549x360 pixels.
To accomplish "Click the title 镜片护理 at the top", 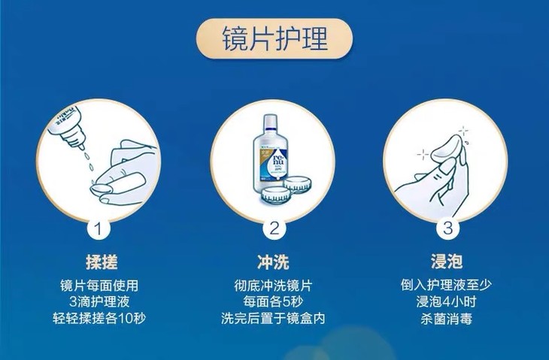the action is (274, 38).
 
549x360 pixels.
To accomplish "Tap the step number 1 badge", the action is (99, 228).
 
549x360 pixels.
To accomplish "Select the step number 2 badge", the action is (274, 228).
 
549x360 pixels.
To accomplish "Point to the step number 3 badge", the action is (447, 228).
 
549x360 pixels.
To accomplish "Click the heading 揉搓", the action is (102, 262).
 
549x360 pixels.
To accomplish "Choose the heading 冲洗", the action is (273, 262).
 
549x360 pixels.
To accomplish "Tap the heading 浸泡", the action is (447, 262).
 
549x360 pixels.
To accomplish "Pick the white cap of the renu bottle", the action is (269, 121).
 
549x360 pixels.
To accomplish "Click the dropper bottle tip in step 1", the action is (81, 147).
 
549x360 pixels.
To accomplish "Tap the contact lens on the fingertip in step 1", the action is (101, 189).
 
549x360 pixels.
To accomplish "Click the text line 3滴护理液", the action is (99, 301).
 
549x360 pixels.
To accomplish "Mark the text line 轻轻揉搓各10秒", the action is (99, 319).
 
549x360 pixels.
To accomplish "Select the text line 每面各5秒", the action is (273, 301).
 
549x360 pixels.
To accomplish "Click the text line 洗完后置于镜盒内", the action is (273, 319).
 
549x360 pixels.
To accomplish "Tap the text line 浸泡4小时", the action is (447, 301).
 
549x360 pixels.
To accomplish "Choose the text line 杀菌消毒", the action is (447, 319).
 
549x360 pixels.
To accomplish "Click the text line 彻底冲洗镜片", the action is (273, 286).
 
